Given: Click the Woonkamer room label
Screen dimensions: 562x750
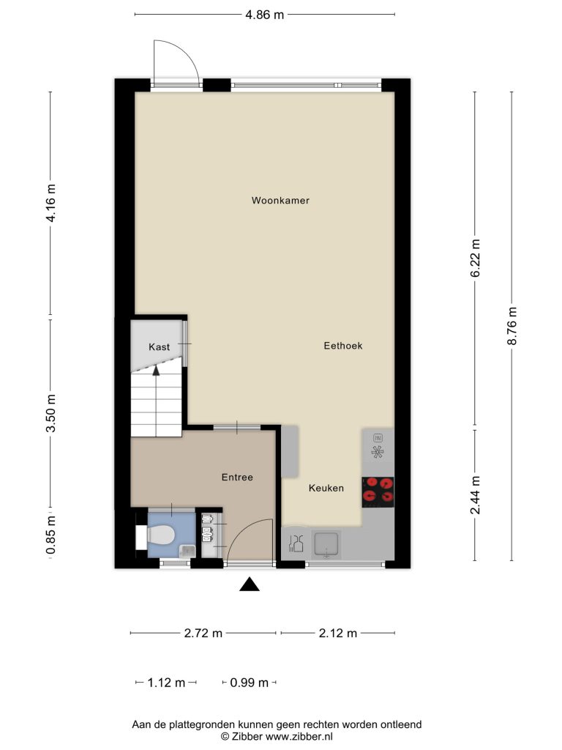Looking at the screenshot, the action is [280, 201].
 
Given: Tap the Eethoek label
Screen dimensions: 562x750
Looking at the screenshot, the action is [343, 346].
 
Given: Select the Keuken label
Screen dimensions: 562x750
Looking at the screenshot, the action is [326, 488].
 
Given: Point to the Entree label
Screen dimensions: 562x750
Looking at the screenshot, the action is [237, 477].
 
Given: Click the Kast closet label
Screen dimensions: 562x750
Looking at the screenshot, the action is [159, 346].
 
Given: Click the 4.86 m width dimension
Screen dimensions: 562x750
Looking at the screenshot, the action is [265, 15].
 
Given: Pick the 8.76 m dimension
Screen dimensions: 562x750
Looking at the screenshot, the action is [512, 326].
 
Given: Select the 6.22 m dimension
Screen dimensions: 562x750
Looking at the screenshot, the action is [476, 258].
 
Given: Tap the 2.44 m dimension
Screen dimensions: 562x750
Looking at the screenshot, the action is [476, 495].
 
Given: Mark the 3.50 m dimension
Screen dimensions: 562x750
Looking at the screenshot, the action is [50, 413].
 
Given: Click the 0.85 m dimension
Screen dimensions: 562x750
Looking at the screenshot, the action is [50, 535].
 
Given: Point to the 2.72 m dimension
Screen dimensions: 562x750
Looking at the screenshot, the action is [203, 633].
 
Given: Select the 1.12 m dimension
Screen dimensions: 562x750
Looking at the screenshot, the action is [166, 683].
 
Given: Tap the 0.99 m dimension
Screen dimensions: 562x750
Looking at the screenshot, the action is [249, 683].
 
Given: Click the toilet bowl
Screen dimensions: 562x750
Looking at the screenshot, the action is [160, 535].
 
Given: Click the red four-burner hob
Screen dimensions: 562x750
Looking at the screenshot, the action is [378, 491].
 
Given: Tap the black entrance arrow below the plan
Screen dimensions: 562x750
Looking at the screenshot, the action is [250, 584].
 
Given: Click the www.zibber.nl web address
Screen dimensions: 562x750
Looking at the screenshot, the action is [299, 737].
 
